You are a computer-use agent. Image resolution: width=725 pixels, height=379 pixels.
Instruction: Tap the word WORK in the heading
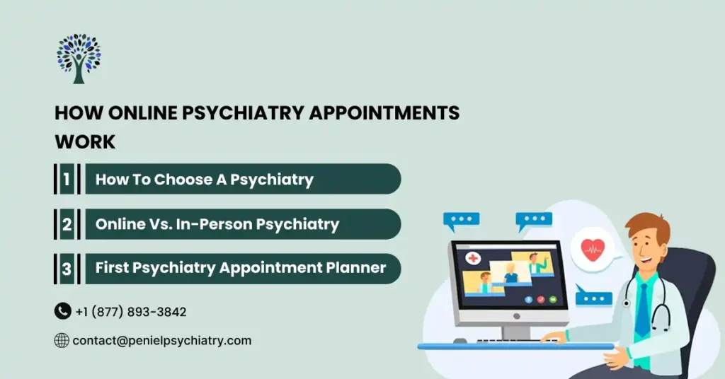(x=85, y=141)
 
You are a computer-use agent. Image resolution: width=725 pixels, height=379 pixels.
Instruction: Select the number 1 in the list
(x=67, y=179)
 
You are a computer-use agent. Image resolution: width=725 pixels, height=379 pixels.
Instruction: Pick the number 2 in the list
(x=67, y=224)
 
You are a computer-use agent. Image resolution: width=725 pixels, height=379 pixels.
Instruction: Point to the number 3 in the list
(x=67, y=269)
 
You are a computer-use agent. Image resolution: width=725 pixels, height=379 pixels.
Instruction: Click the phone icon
(x=62, y=311)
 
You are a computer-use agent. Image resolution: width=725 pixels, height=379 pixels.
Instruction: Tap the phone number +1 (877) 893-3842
(x=131, y=312)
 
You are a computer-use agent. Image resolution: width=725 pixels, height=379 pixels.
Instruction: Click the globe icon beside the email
(x=62, y=341)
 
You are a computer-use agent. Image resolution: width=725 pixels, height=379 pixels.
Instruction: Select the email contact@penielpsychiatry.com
(x=161, y=341)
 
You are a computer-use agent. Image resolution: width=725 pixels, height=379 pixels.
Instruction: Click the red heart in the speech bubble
(x=593, y=249)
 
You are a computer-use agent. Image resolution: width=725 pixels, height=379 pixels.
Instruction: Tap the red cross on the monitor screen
(x=472, y=258)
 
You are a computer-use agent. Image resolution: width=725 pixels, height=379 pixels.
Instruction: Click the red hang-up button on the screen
(x=541, y=300)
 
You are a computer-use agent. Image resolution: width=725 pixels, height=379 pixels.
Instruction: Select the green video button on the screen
(x=552, y=300)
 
